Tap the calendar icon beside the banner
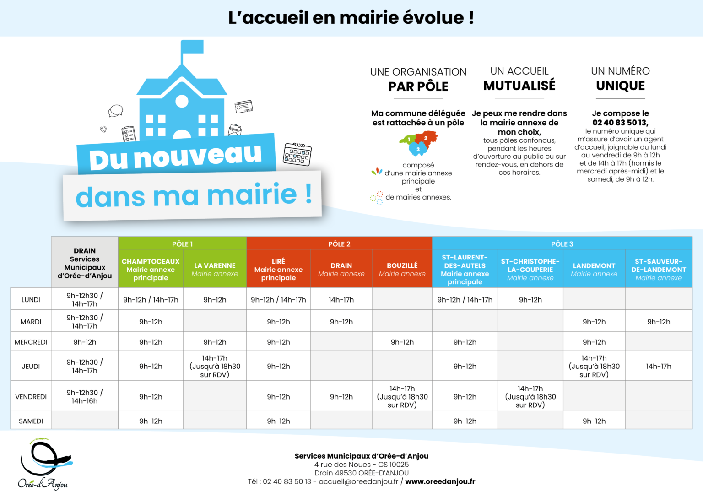pyautogui.click(x=297, y=154)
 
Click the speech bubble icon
pyautogui.click(x=115, y=111)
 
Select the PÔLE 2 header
pyautogui.click(x=339, y=244)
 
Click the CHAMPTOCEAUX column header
pyautogui.click(x=151, y=269)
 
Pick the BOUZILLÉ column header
pyautogui.click(x=402, y=269)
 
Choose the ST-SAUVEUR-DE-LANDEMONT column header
pyautogui.click(x=659, y=269)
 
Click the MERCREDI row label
pyautogui.click(x=31, y=342)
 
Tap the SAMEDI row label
pyautogui.click(x=31, y=421)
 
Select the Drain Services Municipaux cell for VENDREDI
pyautogui.click(x=85, y=396)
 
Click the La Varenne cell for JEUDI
pyautogui.click(x=215, y=366)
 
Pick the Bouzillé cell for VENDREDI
pyautogui.click(x=402, y=396)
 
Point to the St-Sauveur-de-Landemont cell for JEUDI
pyautogui.click(x=659, y=366)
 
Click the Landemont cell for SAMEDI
pyautogui.click(x=594, y=421)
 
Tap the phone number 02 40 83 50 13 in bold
pyautogui.click(x=620, y=123)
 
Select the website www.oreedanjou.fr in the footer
pyautogui.click(x=440, y=481)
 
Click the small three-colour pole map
pyautogui.click(x=418, y=143)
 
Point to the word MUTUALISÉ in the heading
pyautogui.click(x=519, y=86)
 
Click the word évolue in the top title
pyautogui.click(x=433, y=18)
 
